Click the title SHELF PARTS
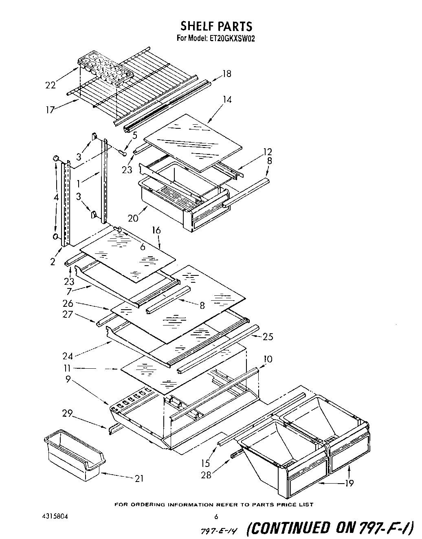click(x=216, y=26)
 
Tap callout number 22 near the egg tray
click(x=51, y=85)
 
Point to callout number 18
click(x=226, y=74)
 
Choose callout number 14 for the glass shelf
click(x=227, y=99)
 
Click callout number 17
click(x=50, y=110)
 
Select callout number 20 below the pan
click(x=133, y=218)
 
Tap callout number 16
click(x=156, y=230)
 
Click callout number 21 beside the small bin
click(x=139, y=478)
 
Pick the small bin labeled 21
click(x=73, y=452)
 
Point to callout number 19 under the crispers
click(x=349, y=483)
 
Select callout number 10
click(x=268, y=359)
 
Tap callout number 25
click(x=268, y=337)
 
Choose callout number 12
click(x=267, y=152)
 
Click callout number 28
click(x=207, y=475)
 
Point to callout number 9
click(x=68, y=379)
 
